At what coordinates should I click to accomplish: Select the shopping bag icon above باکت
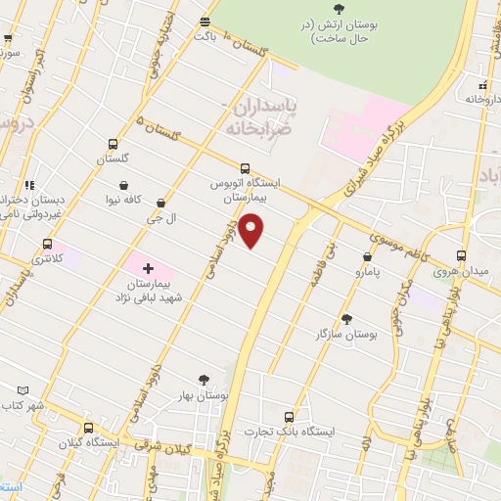pos(205,21)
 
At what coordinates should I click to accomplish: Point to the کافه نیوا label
pos(124,199)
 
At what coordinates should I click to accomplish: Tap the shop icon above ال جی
pos(160,203)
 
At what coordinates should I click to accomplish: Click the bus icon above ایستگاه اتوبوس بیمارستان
pos(245,167)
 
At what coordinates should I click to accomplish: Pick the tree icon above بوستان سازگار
pos(346,318)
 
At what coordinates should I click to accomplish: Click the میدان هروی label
pos(460,269)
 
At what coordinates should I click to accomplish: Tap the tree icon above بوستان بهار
pos(204,380)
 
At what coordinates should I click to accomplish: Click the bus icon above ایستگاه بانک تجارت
pos(288,415)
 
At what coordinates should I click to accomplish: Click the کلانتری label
pos(45,259)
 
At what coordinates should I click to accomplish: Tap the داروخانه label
pos(483,99)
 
